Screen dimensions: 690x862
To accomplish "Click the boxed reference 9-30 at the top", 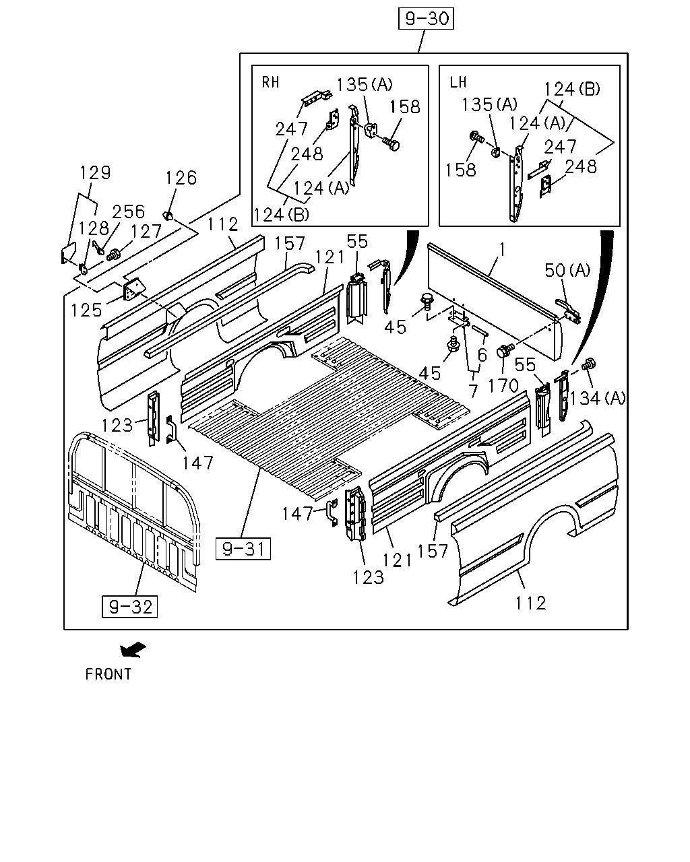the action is pos(426,19).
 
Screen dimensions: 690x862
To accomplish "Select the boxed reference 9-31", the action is pos(243,548).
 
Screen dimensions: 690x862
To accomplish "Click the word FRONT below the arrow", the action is pos(108,674).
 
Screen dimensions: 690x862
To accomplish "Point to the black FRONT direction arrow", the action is pos(133,649).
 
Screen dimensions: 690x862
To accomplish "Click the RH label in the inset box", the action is pos(270,82).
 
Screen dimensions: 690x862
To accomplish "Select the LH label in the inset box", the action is pos(458,82).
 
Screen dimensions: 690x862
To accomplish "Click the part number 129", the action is pos(94,172).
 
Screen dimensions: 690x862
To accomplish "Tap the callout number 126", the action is pos(181,178).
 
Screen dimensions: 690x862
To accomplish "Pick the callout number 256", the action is pos(128,211).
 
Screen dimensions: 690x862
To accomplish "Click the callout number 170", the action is pos(503,386).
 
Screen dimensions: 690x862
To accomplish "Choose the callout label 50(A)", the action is pos(567,270).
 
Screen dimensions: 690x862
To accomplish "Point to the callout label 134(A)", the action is pos(598,398).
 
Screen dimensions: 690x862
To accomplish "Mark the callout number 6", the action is pos(482,355).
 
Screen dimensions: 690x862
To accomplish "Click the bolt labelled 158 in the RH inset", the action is pos(391,143).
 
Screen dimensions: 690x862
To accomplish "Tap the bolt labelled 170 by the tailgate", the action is pos(505,350).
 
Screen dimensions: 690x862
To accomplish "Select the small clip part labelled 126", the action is pos(168,215).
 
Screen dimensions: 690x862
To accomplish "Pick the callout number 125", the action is pos(87,310).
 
